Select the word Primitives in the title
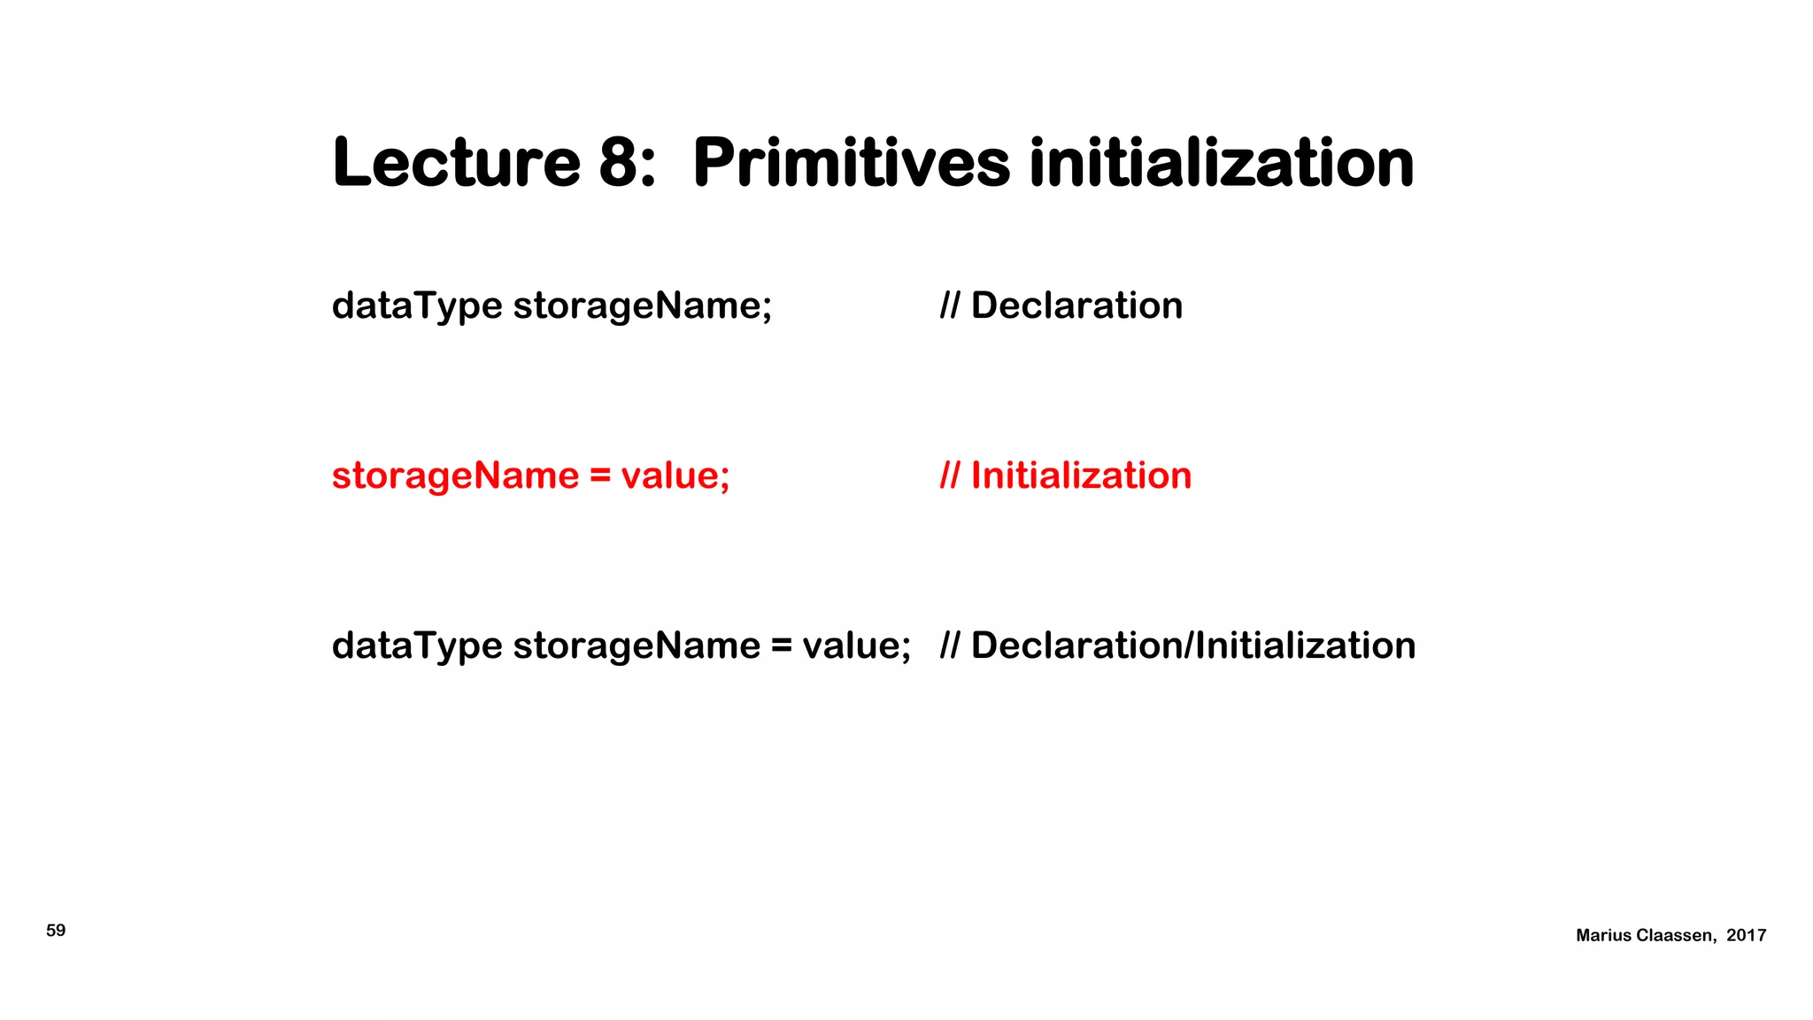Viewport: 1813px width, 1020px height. coord(851,163)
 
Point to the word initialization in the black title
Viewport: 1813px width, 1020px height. coord(1222,163)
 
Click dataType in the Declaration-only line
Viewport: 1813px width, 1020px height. coord(417,306)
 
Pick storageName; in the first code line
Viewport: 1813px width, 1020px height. coord(642,306)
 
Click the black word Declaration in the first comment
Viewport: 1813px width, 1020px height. coord(1076,306)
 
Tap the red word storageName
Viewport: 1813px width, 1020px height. coord(455,476)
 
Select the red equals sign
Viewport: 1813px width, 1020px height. coord(600,476)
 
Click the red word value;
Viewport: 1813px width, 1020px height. coord(675,476)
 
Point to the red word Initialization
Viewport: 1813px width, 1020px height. coord(1081,476)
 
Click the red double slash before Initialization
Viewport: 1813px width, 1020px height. coord(949,476)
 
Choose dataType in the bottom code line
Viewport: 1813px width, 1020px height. coord(417,646)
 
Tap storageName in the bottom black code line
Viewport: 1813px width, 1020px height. coord(636,646)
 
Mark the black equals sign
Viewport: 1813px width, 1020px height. coord(781,646)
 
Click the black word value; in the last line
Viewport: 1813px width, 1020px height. coord(856,646)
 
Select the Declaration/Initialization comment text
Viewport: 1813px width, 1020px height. coord(1192,646)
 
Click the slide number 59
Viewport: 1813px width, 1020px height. coord(56,931)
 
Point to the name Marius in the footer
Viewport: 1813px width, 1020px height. coord(1603,936)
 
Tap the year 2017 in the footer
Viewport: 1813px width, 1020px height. coord(1746,936)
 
